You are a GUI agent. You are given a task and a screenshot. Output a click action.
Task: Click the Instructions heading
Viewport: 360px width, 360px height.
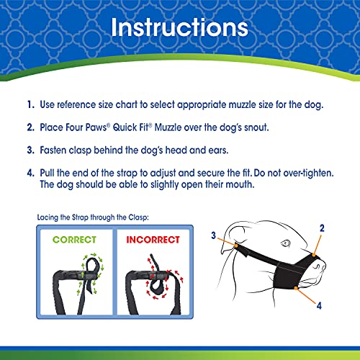(x=179, y=29)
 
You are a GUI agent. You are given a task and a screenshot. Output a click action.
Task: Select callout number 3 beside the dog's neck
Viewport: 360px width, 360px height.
(x=213, y=235)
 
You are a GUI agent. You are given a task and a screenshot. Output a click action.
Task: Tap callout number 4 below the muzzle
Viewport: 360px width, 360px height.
(x=318, y=304)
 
